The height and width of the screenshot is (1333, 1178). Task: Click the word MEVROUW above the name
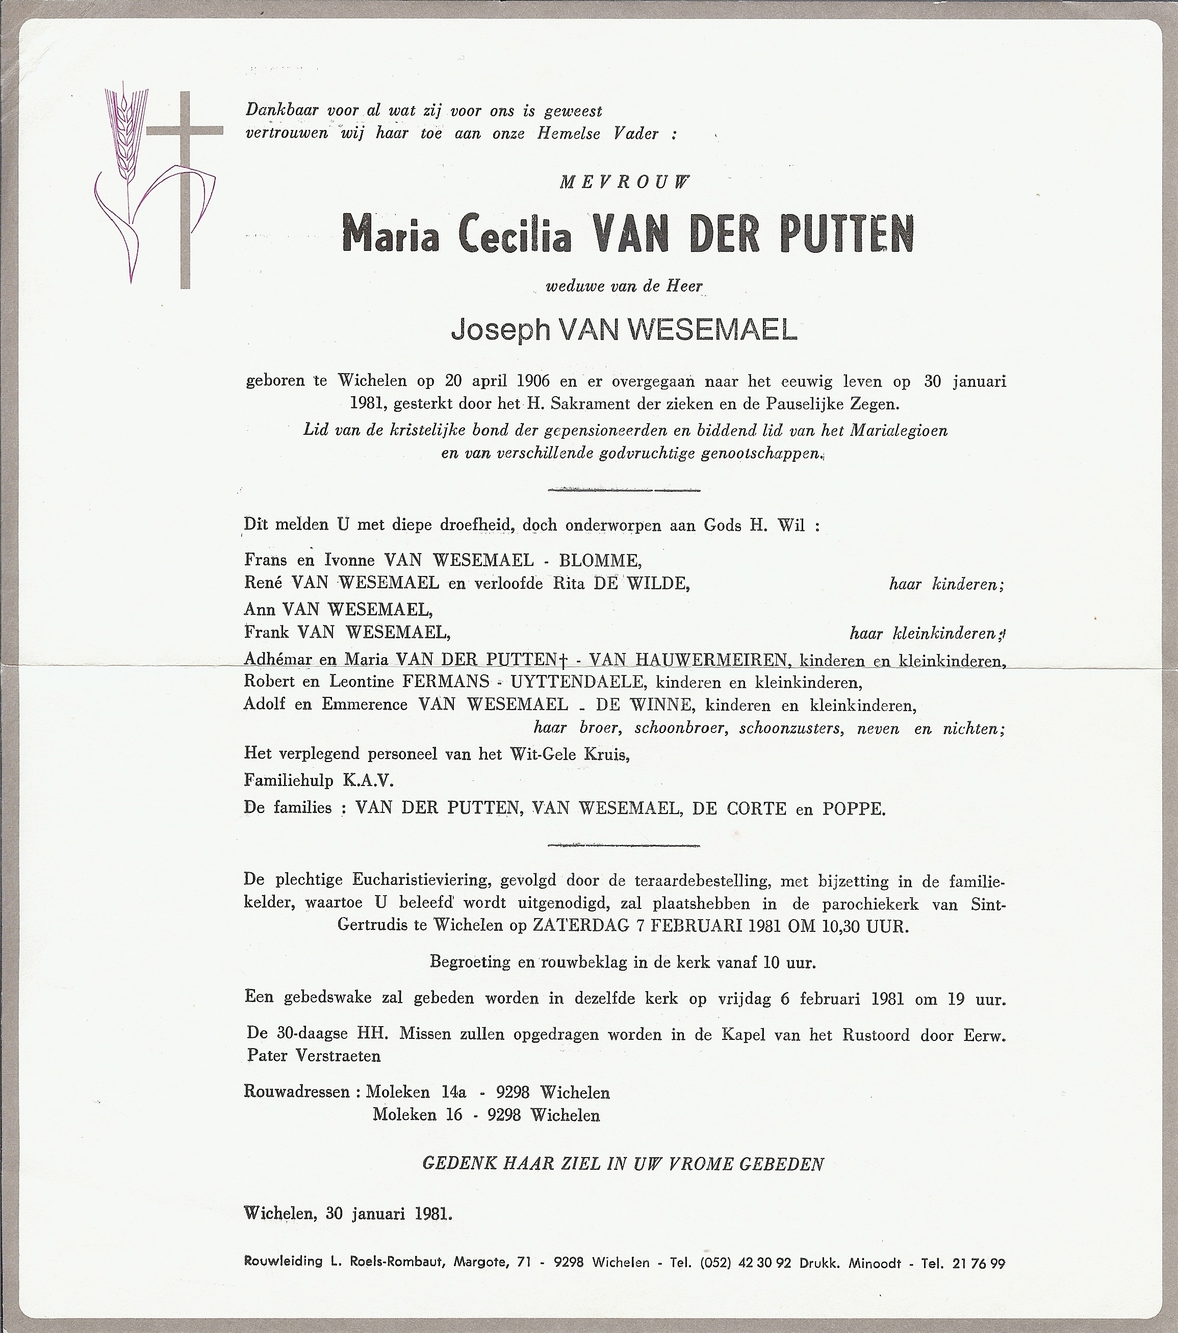624,183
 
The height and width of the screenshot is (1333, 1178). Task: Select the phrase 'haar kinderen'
946,584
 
